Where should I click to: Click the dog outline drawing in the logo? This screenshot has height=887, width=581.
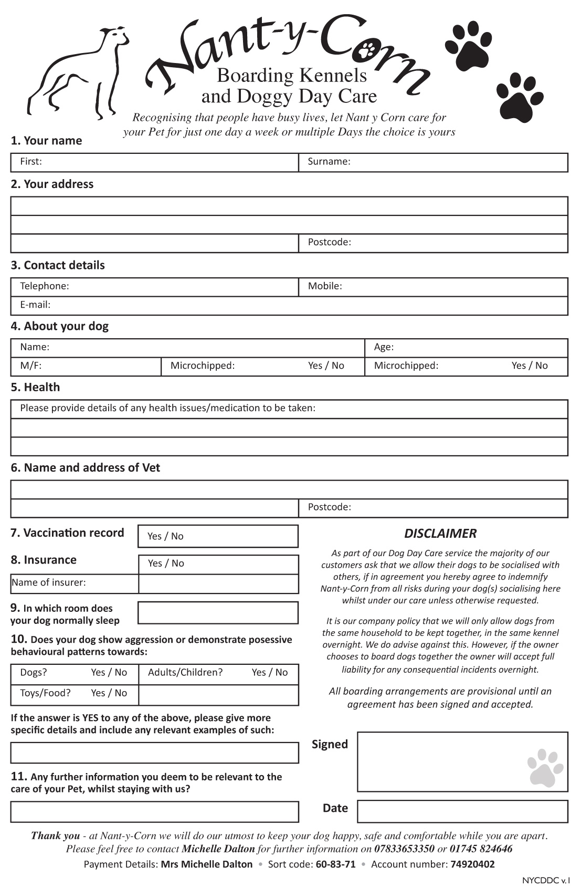click(x=79, y=71)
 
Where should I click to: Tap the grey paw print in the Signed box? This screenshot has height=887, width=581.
click(x=545, y=767)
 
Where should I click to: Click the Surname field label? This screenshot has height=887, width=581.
click(x=329, y=162)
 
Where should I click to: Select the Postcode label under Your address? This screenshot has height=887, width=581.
click(x=329, y=242)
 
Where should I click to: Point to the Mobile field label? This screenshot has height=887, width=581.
click(x=325, y=286)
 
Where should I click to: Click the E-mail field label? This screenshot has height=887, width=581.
click(x=35, y=305)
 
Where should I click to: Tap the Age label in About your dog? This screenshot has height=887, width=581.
click(x=384, y=347)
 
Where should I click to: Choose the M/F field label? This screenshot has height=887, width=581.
click(x=30, y=366)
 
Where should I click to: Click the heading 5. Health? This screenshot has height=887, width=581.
click(x=35, y=388)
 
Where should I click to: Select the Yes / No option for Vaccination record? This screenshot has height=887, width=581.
click(x=165, y=536)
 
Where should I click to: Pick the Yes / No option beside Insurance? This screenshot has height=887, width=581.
click(x=166, y=563)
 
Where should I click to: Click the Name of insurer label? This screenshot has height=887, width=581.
click(x=49, y=582)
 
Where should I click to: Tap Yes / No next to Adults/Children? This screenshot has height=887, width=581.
click(x=270, y=673)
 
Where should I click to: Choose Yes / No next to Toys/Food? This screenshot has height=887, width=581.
click(x=109, y=693)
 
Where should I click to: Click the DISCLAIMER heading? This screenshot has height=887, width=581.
click(x=440, y=534)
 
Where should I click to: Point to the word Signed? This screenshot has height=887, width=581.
click(x=330, y=744)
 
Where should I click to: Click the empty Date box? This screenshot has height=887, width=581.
click(x=462, y=811)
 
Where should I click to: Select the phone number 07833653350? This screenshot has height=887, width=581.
click(x=404, y=849)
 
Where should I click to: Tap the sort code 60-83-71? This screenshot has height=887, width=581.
click(x=335, y=864)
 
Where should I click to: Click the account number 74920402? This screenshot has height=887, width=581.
click(x=472, y=864)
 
